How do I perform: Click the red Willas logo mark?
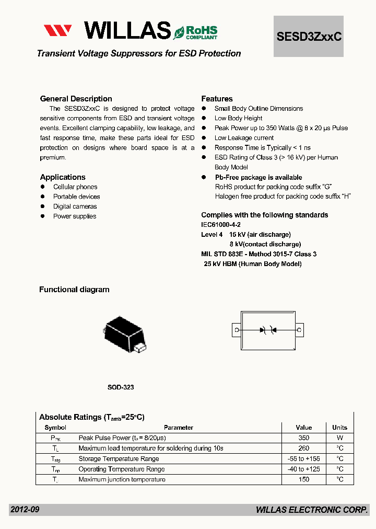point(57,30)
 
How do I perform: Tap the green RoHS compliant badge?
point(196,32)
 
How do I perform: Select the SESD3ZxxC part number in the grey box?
point(309,36)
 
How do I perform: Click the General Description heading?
point(76,99)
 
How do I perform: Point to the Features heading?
point(217,99)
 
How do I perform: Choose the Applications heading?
point(63,177)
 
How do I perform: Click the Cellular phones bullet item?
point(75,187)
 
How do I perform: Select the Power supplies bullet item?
point(75,216)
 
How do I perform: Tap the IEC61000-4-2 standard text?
point(220,225)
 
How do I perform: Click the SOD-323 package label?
point(121,387)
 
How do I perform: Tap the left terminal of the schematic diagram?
point(237,330)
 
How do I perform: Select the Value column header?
point(303,428)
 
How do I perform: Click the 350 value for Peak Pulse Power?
point(303,438)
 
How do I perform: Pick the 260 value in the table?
point(303,448)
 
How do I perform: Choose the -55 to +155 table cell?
point(303,459)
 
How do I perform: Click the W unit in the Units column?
point(339,438)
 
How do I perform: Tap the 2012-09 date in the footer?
point(25,510)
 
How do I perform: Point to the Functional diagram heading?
point(74,290)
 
